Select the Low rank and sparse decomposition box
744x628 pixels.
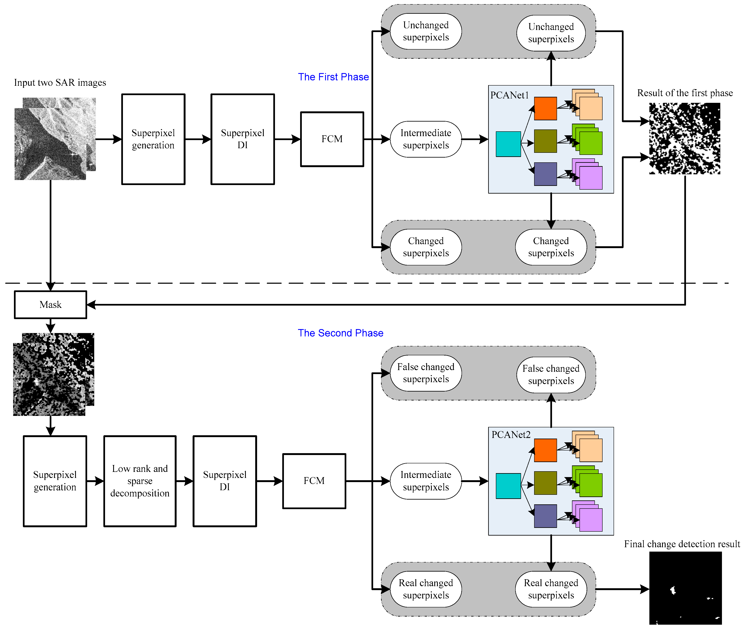coord(140,481)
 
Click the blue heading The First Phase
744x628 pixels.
coord(333,77)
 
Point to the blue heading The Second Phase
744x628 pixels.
coord(340,333)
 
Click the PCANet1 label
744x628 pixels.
coord(509,95)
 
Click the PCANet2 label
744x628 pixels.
coord(511,435)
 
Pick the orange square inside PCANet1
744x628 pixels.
coord(545,108)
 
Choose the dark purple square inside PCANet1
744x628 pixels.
coord(545,174)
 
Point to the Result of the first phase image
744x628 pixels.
coord(684,138)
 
